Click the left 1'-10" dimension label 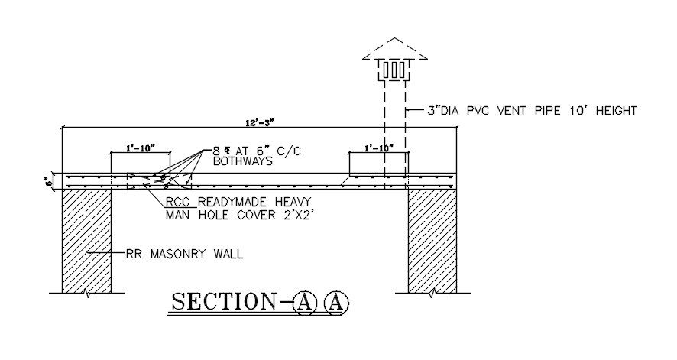coord(140,148)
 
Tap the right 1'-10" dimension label coord(378,148)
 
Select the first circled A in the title coord(304,302)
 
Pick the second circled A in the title coord(336,302)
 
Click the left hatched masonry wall coord(86,240)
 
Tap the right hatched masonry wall coord(432,240)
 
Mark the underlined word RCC coord(181,203)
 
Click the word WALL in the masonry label coord(226,254)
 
